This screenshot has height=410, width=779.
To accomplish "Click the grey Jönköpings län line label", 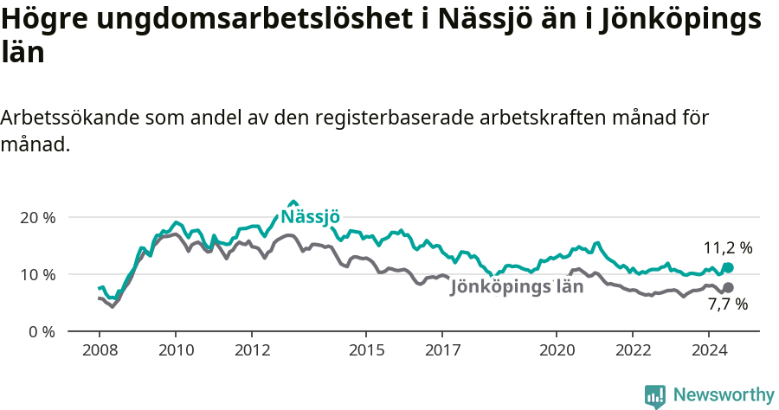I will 518,287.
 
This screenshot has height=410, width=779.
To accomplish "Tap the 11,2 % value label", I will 727,248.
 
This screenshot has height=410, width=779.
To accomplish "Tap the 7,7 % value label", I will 727,304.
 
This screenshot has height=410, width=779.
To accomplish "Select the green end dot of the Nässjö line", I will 728,268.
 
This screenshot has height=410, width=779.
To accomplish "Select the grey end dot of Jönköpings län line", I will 728,287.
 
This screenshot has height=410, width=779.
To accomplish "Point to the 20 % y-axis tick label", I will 37,217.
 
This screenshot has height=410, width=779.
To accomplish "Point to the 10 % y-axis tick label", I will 37,274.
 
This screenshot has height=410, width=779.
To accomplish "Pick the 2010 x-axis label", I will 175,350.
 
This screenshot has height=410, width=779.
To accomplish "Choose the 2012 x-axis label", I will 251,350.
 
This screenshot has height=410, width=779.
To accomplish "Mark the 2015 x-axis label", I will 366,350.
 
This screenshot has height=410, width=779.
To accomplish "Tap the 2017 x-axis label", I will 442,350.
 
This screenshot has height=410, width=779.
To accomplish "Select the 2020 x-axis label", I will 557,350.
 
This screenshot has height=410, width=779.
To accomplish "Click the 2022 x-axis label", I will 633,350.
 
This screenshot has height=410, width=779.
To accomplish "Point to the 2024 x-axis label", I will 709,350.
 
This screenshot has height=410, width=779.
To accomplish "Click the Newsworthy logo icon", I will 655,396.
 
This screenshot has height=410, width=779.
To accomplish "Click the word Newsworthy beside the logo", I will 724,395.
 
